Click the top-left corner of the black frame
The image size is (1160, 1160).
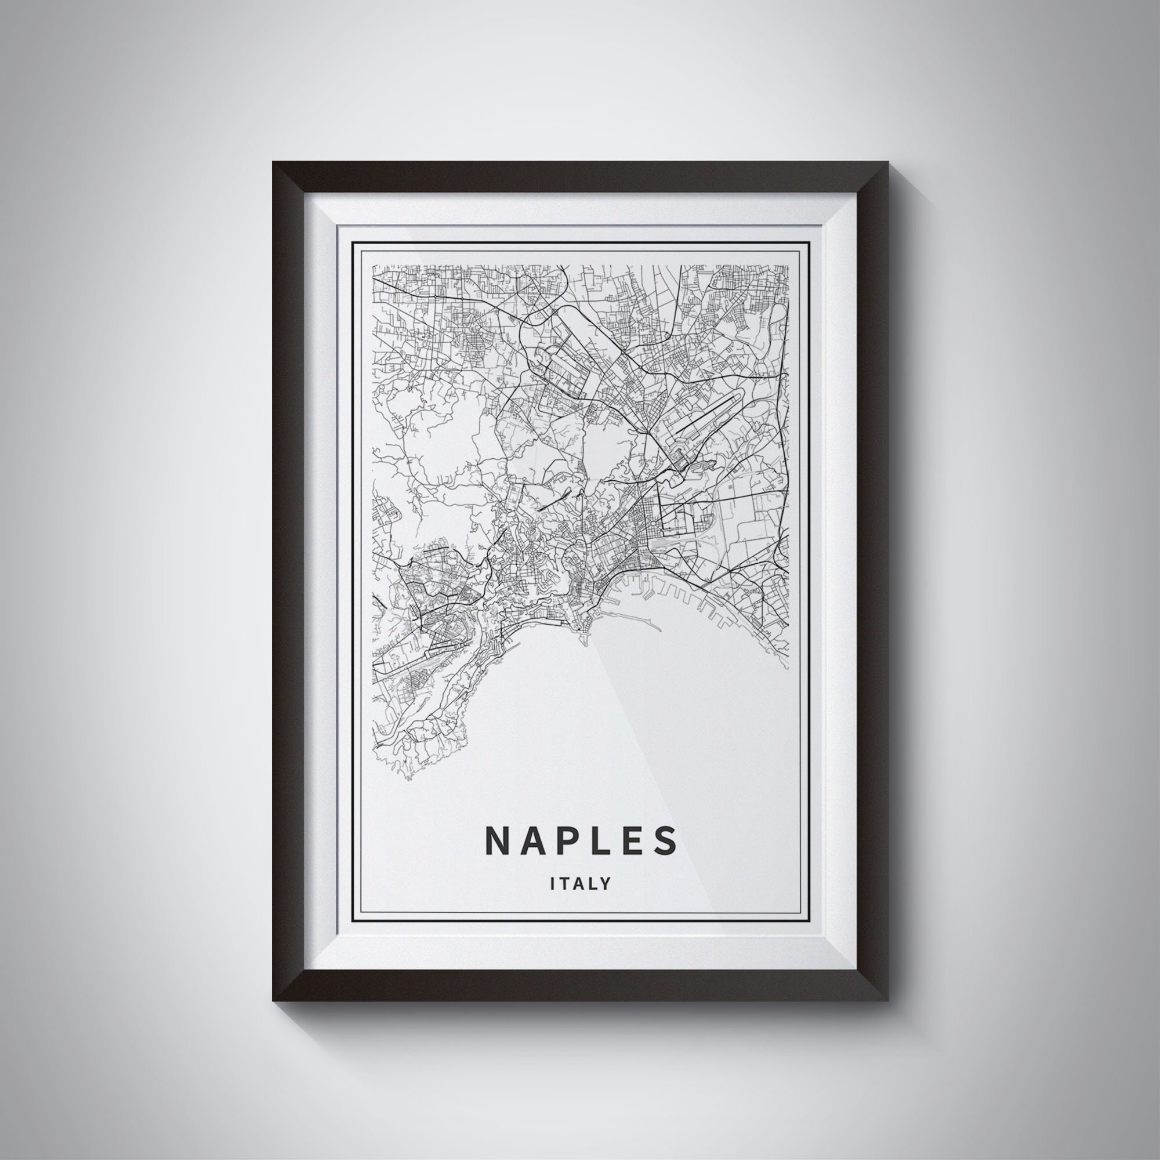pyautogui.click(x=273, y=162)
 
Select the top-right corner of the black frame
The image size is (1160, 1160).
pyautogui.click(x=887, y=162)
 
